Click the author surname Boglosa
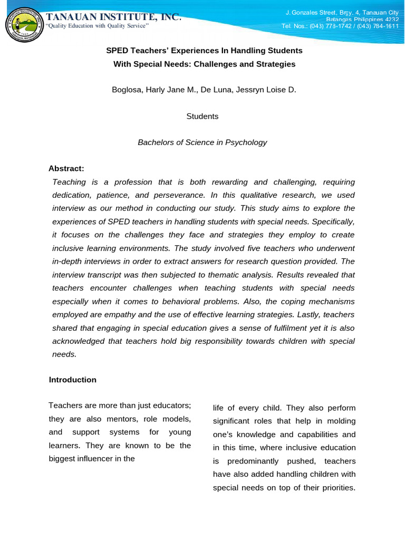pos(127,90)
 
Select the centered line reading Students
pos(202,116)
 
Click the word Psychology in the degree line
pos(244,142)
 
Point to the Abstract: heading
pos(66,169)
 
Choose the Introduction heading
pos(73,380)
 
